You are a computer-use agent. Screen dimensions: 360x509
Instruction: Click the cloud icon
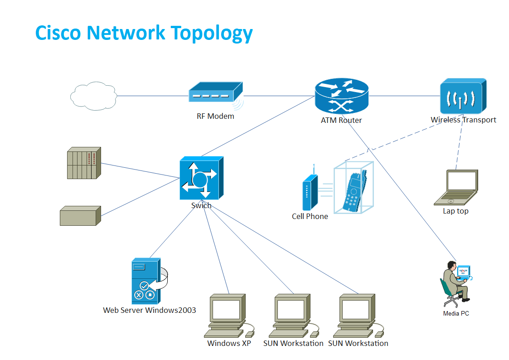[x=93, y=96]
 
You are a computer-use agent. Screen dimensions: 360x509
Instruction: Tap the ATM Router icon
[x=341, y=96]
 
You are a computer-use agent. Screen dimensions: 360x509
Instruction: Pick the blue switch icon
[x=201, y=178]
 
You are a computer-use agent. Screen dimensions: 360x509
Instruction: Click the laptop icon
[x=456, y=188]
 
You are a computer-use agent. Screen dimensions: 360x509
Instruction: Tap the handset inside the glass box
[x=354, y=193]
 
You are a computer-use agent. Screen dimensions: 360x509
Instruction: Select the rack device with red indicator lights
[x=83, y=163]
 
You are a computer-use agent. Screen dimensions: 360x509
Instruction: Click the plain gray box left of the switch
[x=80, y=216]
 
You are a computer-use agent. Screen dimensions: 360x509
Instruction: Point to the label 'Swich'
[x=201, y=205]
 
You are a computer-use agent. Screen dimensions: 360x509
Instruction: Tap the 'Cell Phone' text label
[x=310, y=216]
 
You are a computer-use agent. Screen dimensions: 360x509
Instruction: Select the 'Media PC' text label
[x=456, y=313]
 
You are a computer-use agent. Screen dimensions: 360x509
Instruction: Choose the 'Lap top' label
[x=456, y=211]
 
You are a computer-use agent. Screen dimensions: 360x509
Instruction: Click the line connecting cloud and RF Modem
[x=153, y=96]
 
